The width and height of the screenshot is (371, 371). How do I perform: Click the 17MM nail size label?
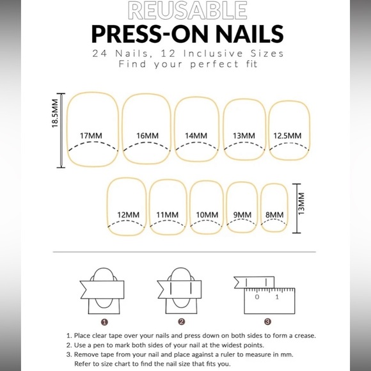point(91,136)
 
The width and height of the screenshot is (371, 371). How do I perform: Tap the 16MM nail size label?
point(147,136)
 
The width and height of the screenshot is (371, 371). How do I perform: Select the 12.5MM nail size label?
point(287,136)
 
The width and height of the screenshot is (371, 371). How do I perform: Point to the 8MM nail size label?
point(274,215)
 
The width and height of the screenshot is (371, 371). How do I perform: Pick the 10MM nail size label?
point(207,215)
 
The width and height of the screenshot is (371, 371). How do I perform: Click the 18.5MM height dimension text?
point(55,113)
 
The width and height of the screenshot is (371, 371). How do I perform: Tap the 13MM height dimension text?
point(301,203)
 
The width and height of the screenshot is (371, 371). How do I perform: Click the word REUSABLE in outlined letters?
point(187,10)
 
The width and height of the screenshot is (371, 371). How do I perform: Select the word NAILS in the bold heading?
point(250,34)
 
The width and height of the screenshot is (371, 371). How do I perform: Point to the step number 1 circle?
point(104,322)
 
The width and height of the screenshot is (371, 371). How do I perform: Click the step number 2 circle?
point(182,322)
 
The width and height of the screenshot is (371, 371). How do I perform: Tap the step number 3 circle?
point(267,322)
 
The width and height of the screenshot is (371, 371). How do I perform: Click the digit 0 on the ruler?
point(257,297)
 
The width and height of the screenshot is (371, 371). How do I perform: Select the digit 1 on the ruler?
point(277,297)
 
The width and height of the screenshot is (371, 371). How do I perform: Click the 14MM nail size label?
point(196,136)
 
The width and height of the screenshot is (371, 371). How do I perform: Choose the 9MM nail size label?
point(242,215)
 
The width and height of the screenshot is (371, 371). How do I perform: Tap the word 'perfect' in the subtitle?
point(214,65)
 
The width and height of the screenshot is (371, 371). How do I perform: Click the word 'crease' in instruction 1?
point(305,336)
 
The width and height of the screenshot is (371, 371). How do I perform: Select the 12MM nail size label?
point(128,215)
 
